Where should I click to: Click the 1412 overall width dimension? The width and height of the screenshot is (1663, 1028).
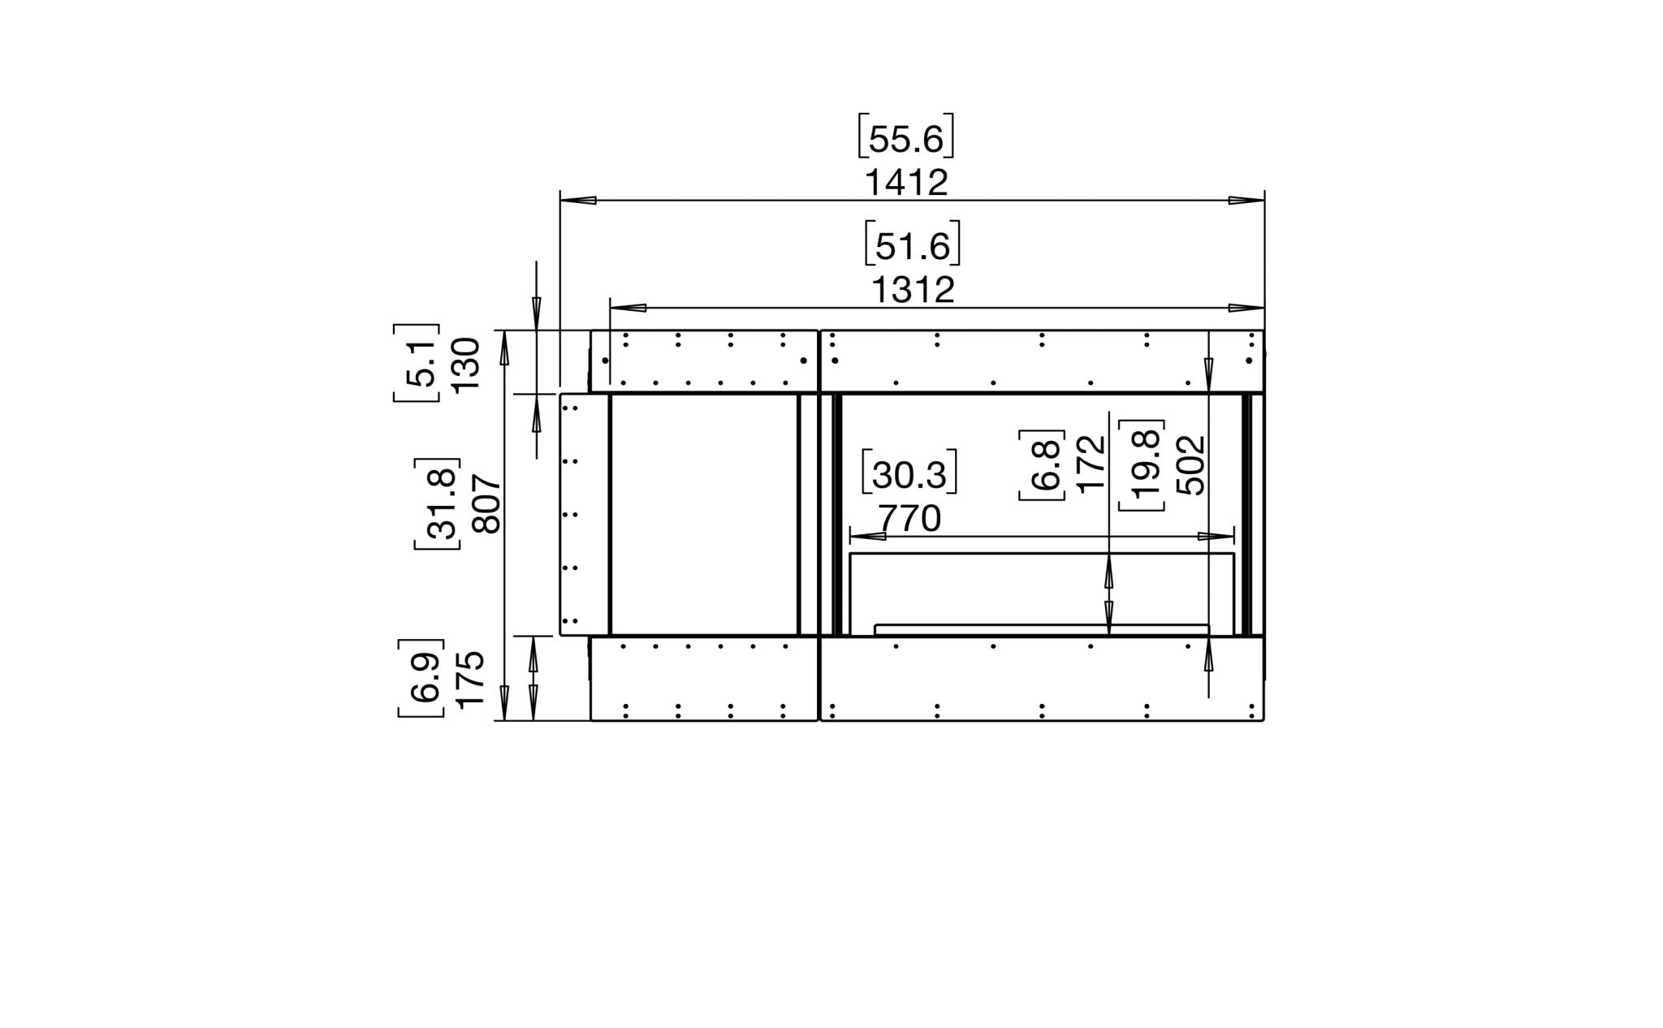(x=905, y=183)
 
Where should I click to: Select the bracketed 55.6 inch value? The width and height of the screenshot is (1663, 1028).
(x=905, y=139)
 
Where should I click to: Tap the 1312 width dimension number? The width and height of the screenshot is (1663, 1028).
(x=913, y=291)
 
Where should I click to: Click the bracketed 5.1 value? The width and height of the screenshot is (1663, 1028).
(x=417, y=362)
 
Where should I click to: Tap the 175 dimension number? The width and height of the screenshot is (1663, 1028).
(x=469, y=680)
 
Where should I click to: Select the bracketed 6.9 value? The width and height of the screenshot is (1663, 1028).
(x=421, y=678)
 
